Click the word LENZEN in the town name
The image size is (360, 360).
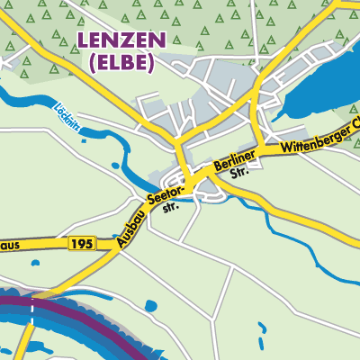pyautogui.click(x=121, y=40)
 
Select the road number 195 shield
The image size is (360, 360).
pyautogui.click(x=79, y=244)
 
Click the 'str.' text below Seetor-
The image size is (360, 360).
pyautogui.click(x=171, y=206)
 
